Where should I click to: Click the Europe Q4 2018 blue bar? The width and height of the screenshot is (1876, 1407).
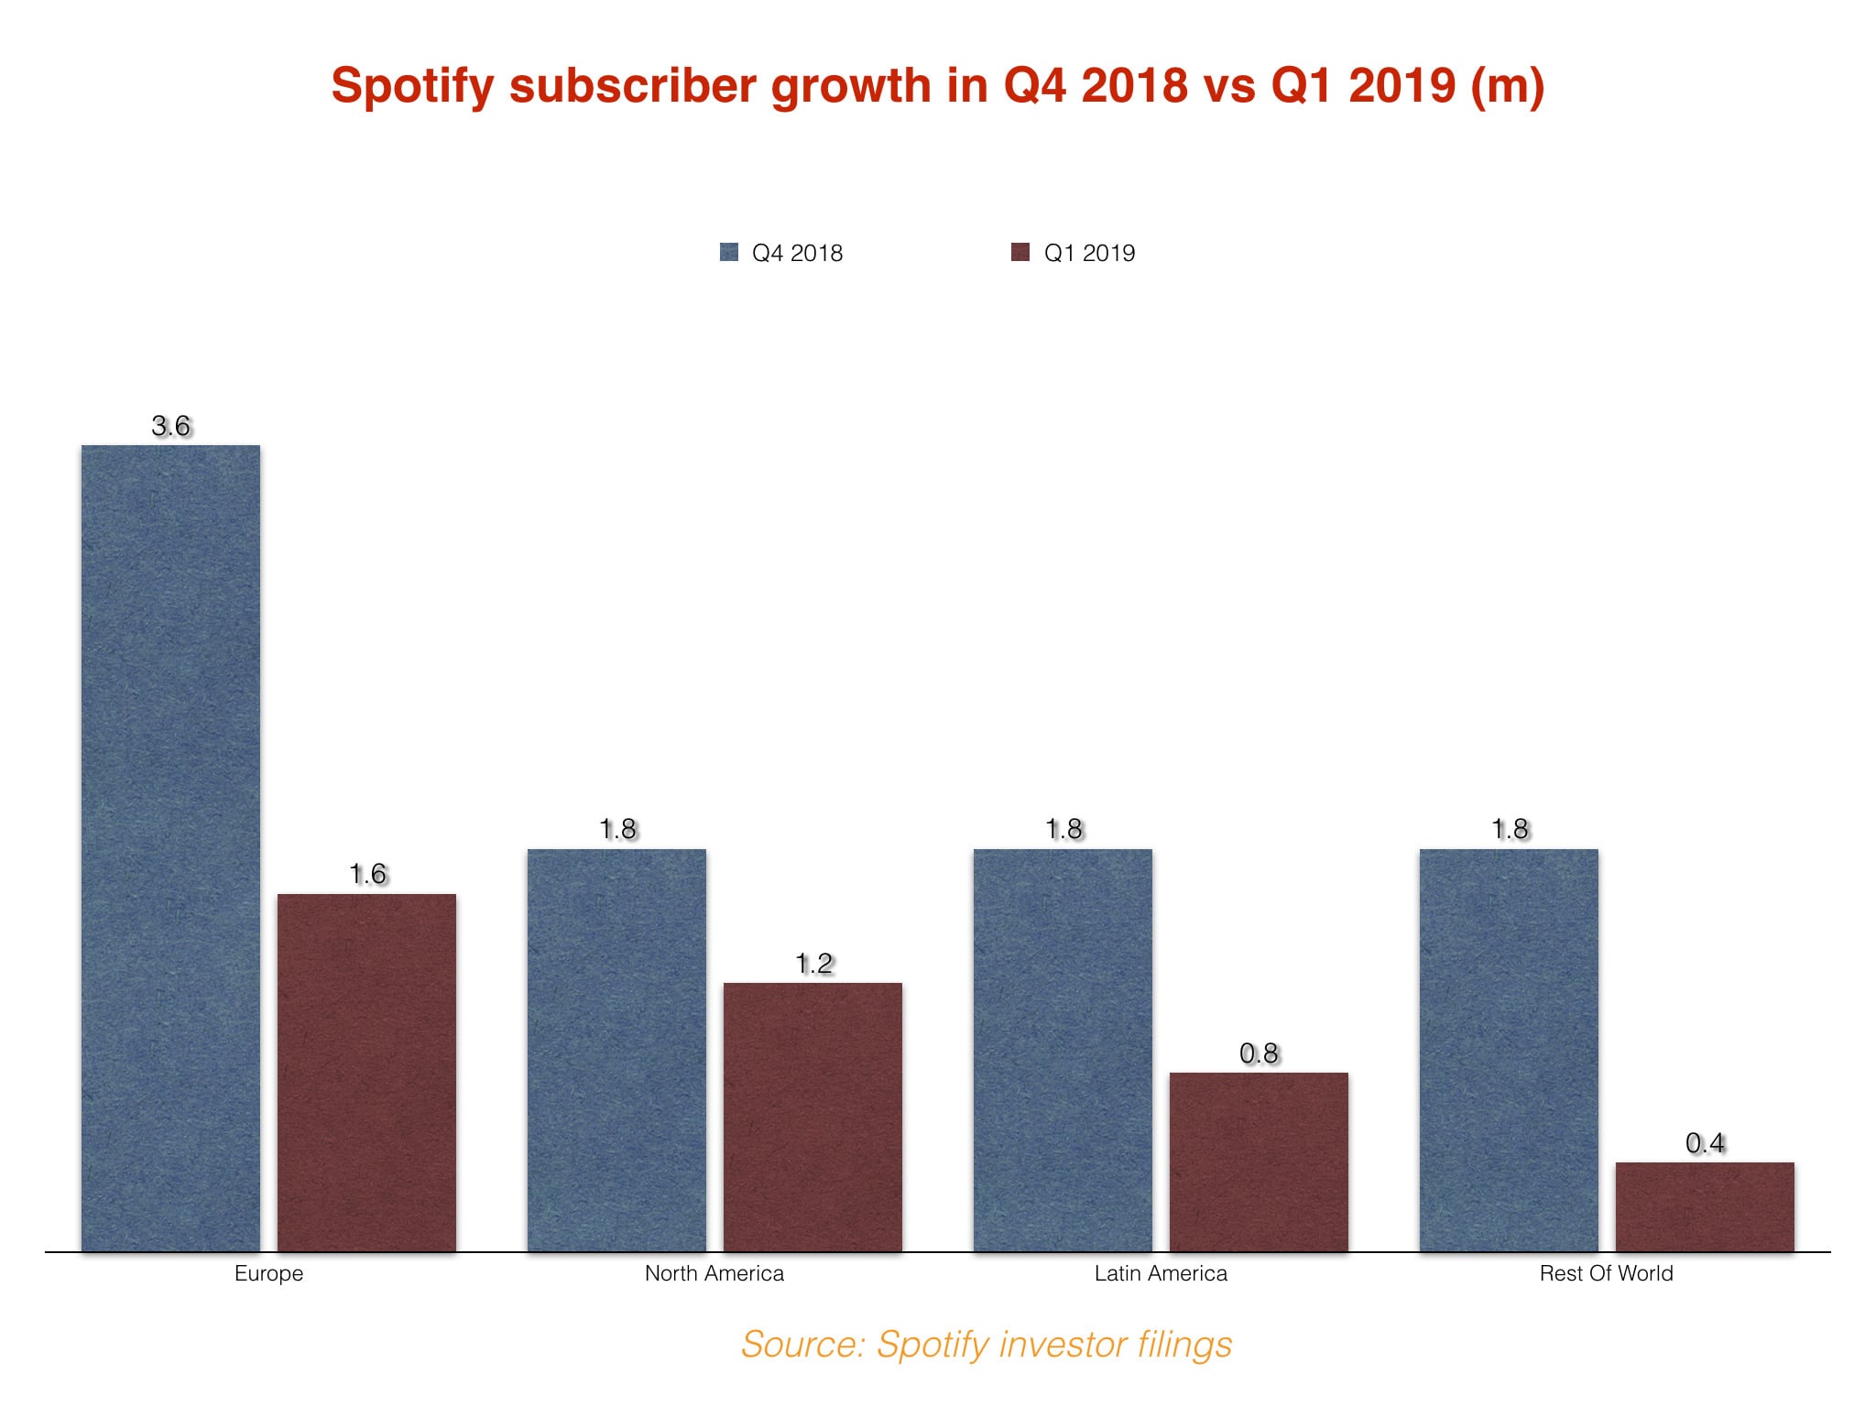[170, 847]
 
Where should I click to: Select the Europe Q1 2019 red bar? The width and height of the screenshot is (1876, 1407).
[366, 1072]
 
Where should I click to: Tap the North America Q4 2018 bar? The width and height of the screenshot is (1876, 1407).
[616, 1050]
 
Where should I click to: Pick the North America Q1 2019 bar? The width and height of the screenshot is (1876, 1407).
[813, 1117]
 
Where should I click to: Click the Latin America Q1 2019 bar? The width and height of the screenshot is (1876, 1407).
[1259, 1162]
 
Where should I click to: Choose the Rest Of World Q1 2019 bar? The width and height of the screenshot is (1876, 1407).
[1705, 1206]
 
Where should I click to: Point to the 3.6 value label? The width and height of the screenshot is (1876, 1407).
[171, 426]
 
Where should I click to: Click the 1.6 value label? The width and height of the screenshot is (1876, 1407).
[367, 874]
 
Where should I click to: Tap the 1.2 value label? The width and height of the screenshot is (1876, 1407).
[813, 964]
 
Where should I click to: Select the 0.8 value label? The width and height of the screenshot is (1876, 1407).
[1259, 1053]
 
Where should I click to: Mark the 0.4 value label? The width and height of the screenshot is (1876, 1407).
[1705, 1143]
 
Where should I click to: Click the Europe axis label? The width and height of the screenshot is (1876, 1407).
[268, 1273]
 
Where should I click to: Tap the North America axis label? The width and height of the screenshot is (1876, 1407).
[714, 1273]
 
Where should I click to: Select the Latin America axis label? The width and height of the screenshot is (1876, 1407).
[1161, 1273]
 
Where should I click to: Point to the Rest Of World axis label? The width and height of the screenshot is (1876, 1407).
[1606, 1273]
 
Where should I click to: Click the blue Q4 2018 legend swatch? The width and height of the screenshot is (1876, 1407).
[729, 252]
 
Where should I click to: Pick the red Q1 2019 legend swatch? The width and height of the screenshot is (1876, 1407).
[1020, 252]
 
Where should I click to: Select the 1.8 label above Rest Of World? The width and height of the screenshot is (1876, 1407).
[1510, 829]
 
